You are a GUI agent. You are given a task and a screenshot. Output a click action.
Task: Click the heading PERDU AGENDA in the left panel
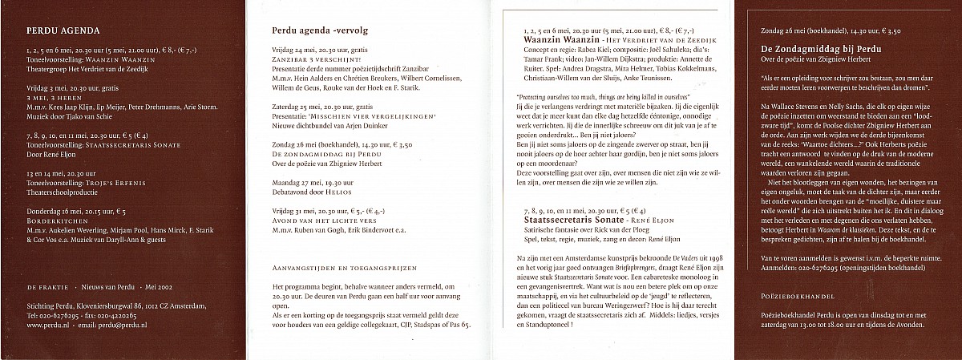click(x=63, y=32)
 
